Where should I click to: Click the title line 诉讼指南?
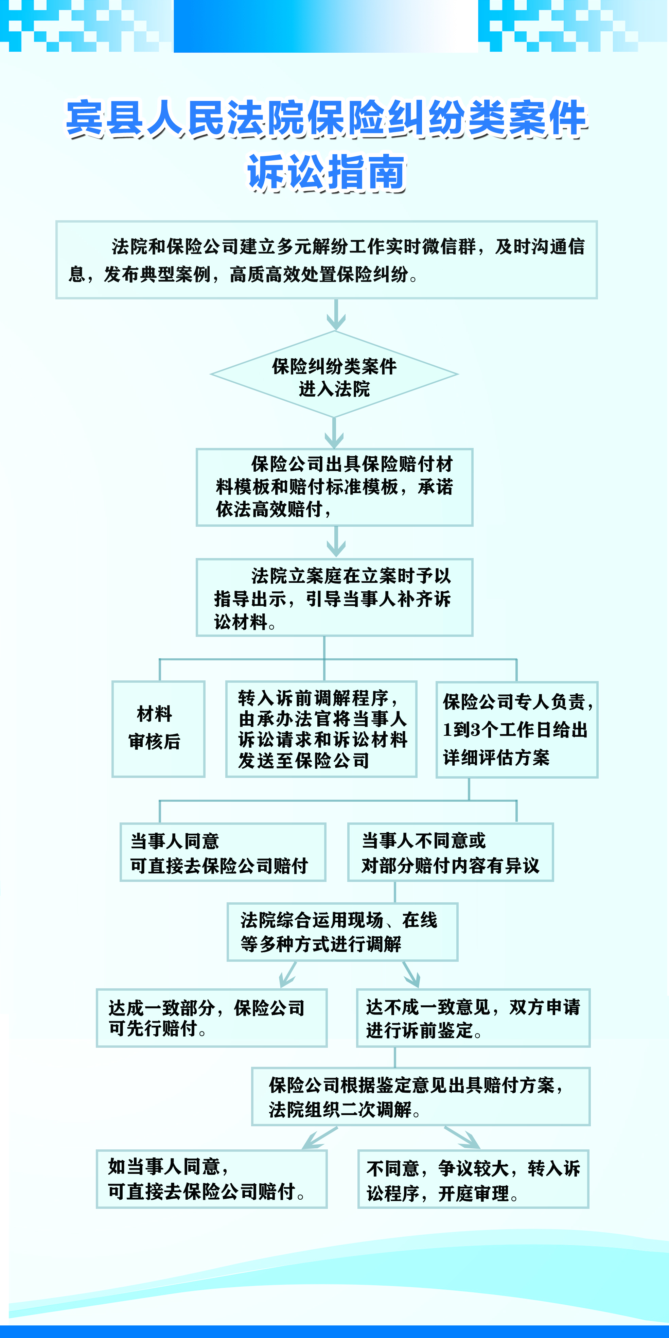point(326,172)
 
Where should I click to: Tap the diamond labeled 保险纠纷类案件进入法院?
point(334,374)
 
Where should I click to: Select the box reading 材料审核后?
point(158,729)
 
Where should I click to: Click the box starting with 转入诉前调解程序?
point(321,729)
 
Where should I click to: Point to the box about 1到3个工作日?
point(517,729)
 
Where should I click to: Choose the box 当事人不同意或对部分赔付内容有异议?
point(450,852)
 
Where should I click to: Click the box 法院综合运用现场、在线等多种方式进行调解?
point(342,932)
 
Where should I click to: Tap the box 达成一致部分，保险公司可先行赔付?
point(211,1018)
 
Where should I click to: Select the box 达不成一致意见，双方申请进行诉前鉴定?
point(473,1018)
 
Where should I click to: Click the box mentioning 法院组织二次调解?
point(421,1096)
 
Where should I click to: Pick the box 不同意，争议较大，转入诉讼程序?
point(473,1179)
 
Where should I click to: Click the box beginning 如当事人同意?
point(211,1179)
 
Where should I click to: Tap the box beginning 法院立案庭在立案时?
point(334,597)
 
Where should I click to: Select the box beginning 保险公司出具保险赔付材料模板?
point(334,487)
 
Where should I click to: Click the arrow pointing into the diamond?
point(336,315)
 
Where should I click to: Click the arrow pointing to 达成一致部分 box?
point(288,974)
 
